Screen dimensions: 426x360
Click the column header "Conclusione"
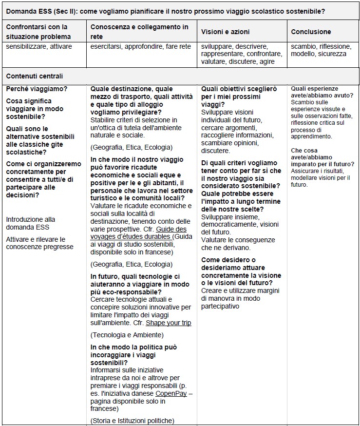pyautogui.click(x=311, y=32)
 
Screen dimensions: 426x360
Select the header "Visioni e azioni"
pyautogui.click(x=225, y=32)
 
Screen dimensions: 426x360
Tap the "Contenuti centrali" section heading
pyautogui.click(x=35, y=76)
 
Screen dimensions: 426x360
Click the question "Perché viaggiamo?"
pyautogui.click(x=37, y=89)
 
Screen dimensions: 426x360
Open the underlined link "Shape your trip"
pyautogui.click(x=169, y=323)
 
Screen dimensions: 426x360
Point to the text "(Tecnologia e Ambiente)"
pyautogui.click(x=127, y=335)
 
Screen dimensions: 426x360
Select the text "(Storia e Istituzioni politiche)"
pyautogui.click(x=133, y=420)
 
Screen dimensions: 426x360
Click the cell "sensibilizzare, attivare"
pyautogui.click(x=39, y=46)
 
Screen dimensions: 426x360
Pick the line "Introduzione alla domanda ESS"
pyautogui.click(x=31, y=223)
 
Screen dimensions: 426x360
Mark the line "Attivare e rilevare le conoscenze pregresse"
pyautogui.click(x=40, y=243)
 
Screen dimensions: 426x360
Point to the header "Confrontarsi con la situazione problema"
pyautogui.click(x=38, y=32)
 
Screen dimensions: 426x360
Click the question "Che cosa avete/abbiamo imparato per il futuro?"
pyautogui.click(x=322, y=157)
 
